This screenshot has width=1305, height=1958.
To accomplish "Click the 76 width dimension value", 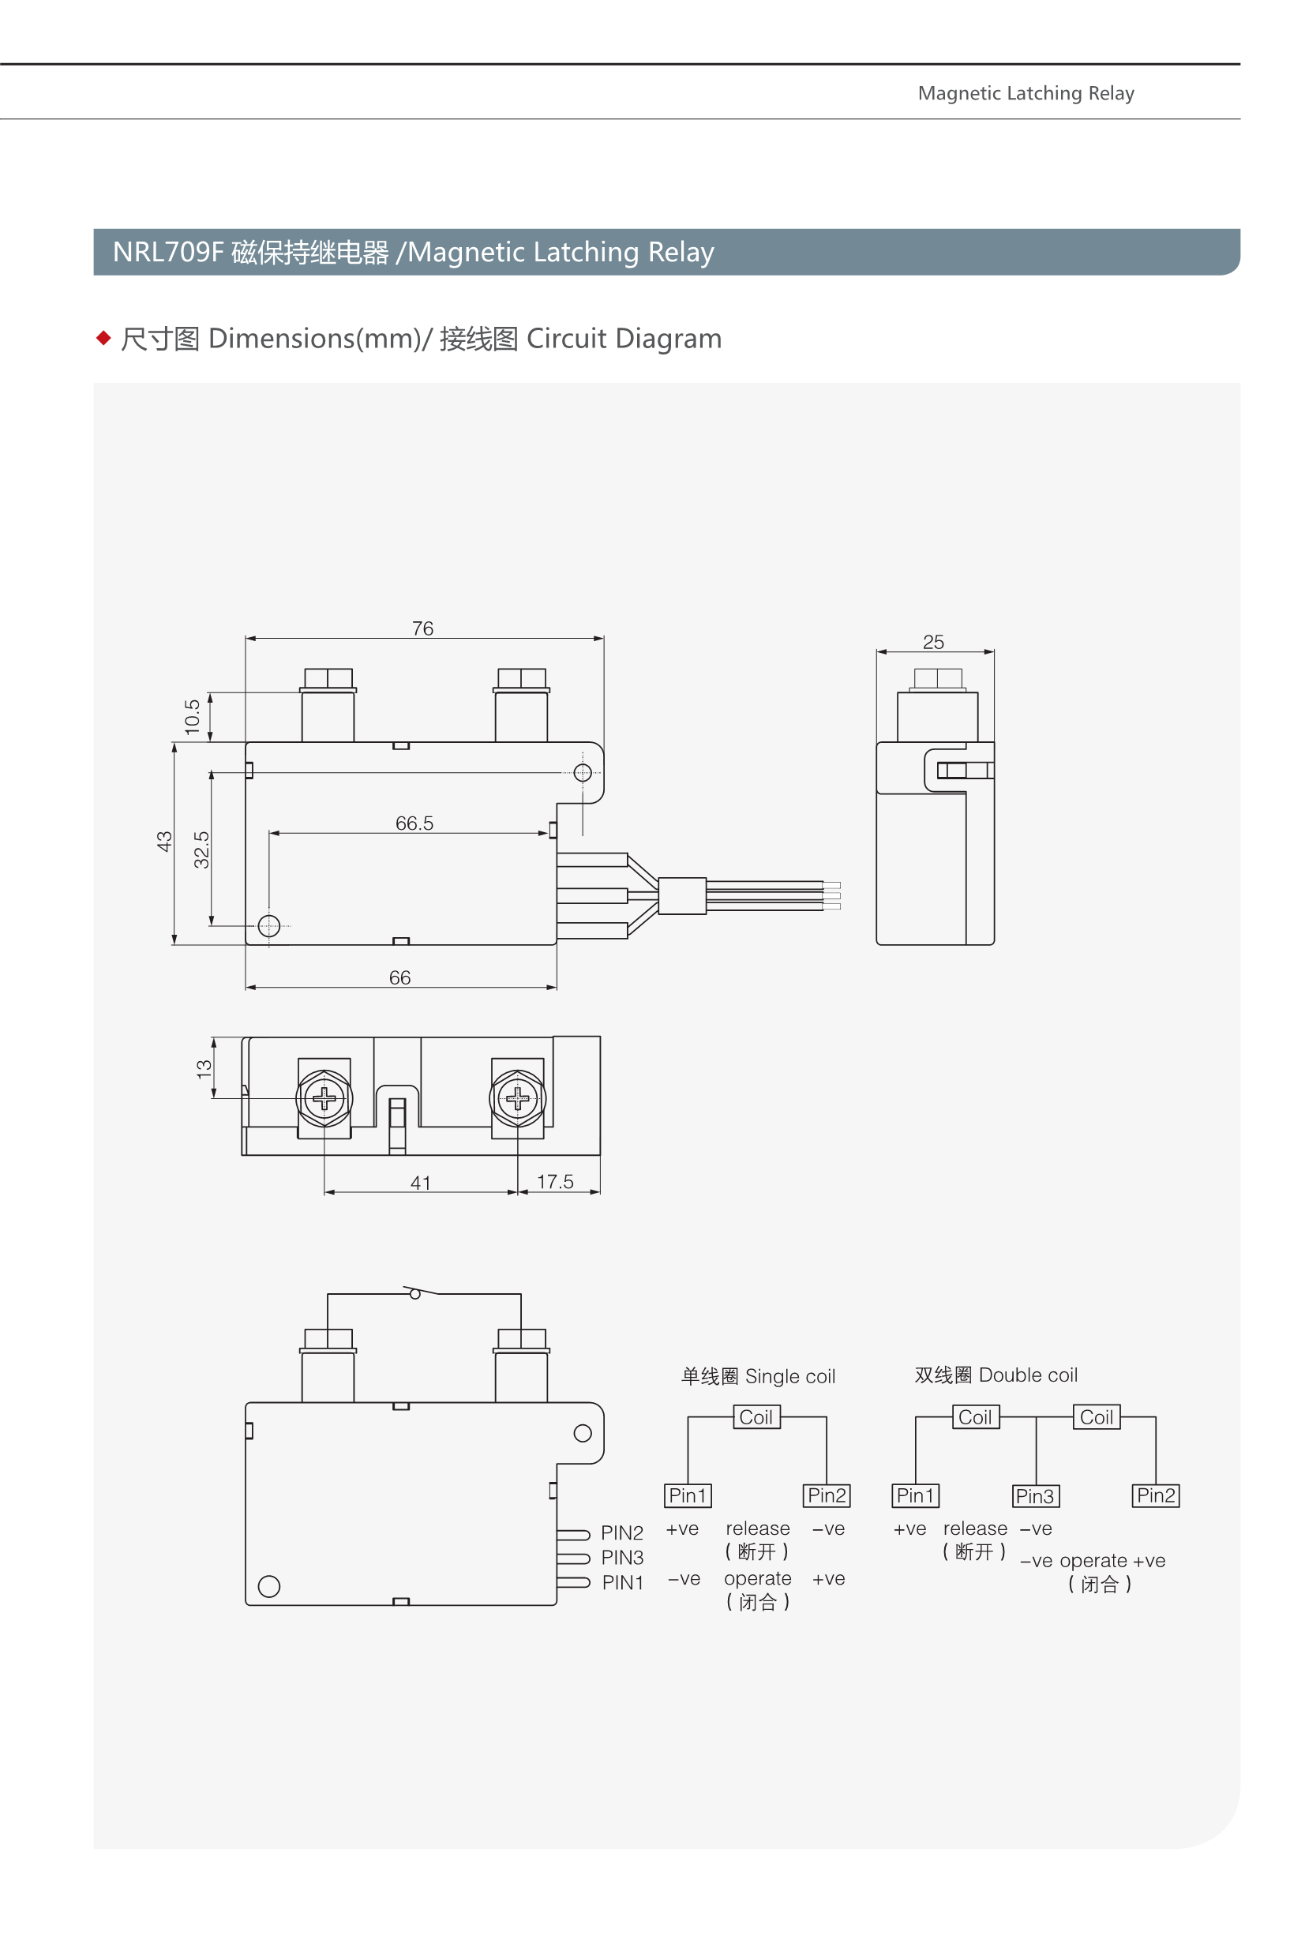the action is click(x=423, y=628).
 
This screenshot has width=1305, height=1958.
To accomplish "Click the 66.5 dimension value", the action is click(x=414, y=823).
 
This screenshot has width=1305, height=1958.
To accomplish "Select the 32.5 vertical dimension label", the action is click(x=201, y=850).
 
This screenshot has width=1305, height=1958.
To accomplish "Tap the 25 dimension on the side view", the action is click(x=933, y=642).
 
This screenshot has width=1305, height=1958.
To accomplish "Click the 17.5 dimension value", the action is click(x=555, y=1182).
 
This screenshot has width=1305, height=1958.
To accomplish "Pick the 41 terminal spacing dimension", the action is click(x=420, y=1183).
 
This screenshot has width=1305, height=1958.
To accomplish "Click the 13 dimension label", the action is click(x=204, y=1069).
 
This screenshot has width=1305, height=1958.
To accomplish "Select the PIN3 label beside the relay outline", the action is click(x=623, y=1557).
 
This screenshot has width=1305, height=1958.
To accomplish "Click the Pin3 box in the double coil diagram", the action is click(x=1035, y=1496).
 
